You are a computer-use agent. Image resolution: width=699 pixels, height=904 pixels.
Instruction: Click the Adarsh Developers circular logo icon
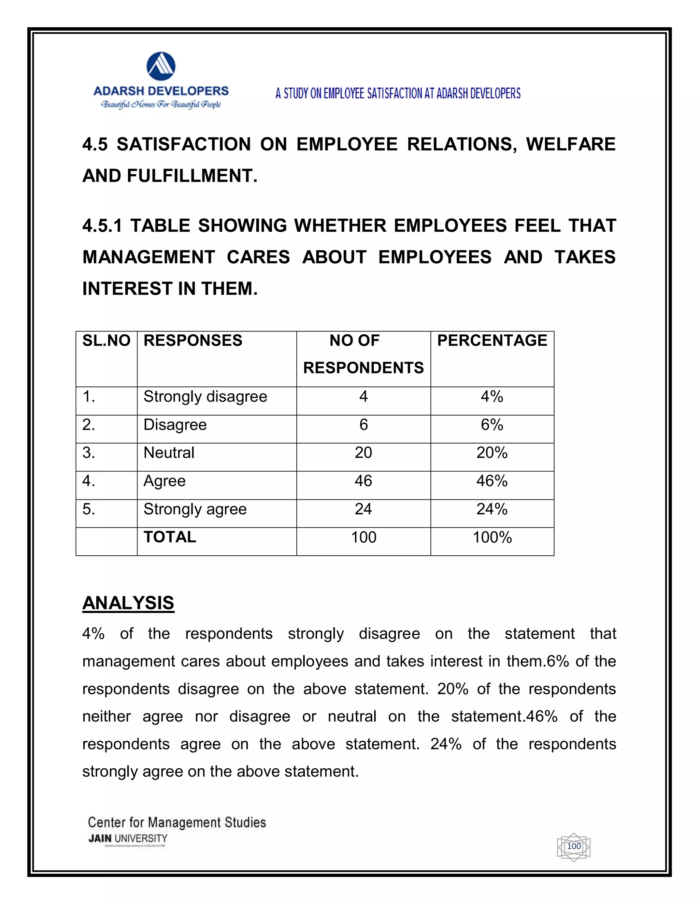coord(161,66)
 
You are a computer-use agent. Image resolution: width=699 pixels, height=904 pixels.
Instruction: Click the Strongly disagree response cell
coord(205,396)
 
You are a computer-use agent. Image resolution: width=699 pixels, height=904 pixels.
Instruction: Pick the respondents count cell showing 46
coord(363,481)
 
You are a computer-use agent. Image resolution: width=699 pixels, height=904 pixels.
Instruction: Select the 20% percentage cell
coord(491,453)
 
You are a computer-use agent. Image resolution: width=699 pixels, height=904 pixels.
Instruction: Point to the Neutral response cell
coord(169,453)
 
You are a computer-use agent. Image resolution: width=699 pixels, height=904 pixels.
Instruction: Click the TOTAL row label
coord(170,537)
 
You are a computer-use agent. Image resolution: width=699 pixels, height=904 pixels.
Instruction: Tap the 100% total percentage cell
coord(492,537)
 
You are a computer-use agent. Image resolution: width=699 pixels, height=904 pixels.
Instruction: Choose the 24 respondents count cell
coord(363,509)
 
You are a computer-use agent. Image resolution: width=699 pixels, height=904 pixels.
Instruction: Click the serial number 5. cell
coord(89,509)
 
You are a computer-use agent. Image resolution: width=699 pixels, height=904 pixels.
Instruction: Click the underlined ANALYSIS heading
coord(128,603)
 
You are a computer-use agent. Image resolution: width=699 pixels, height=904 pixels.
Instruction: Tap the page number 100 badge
coord(573,846)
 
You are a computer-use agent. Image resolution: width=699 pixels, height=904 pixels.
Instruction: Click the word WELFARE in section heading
coord(570,144)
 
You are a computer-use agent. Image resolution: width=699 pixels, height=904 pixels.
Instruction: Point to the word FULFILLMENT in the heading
coord(192,176)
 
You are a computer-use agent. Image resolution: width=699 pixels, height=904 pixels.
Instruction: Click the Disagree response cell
coord(175,425)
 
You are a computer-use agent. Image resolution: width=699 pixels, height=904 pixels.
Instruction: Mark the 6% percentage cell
coord(491,425)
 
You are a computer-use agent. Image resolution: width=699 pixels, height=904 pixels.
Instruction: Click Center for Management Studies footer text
coord(177,822)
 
